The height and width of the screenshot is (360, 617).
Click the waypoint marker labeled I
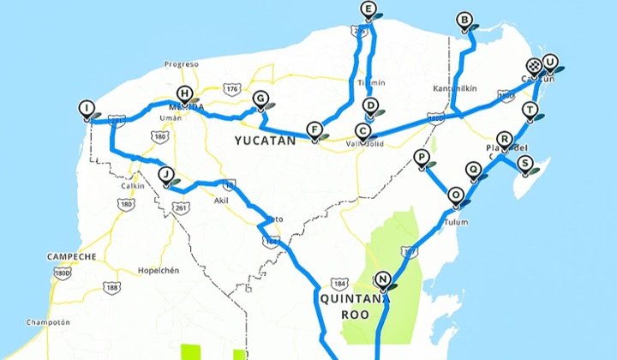coord(86,108)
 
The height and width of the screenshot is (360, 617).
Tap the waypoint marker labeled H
coord(183,94)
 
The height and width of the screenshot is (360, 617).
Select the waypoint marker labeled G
coord(260,99)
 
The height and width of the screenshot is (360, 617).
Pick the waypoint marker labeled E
coord(368,11)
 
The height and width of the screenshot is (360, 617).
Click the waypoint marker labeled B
coord(464,20)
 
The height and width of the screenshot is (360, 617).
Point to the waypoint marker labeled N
coord(383,279)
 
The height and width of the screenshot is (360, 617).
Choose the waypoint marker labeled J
coord(165,174)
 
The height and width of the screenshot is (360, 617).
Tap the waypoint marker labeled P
coord(421,158)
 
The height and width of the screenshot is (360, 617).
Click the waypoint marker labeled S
coord(524,163)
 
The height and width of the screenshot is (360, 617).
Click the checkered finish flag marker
coord(534,66)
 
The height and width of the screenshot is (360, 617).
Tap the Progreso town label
coord(182,64)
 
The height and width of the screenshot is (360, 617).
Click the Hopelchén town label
coord(158,270)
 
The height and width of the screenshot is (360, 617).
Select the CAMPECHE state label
coord(72,256)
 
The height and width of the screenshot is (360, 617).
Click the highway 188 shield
coord(111,288)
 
